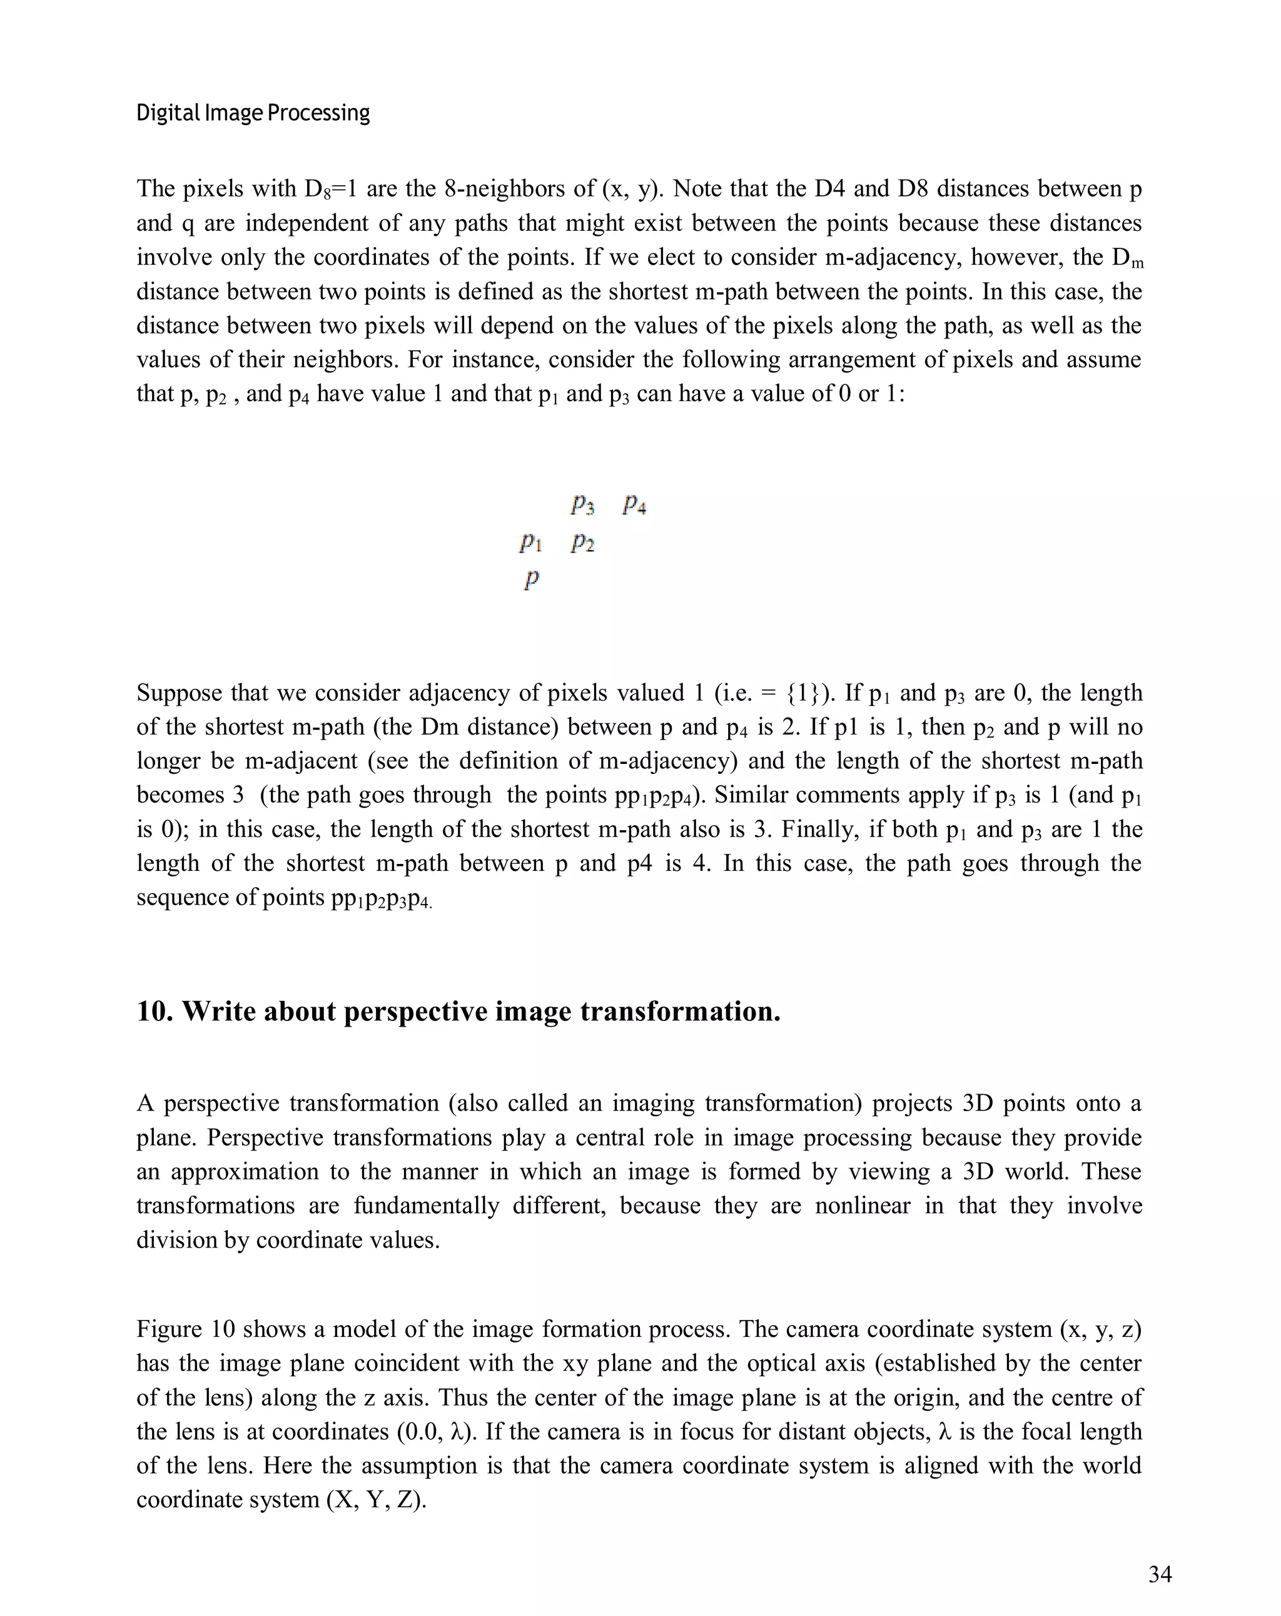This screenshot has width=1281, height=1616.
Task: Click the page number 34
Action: pyautogui.click(x=1159, y=1575)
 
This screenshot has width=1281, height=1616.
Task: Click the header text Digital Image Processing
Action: pyautogui.click(x=253, y=113)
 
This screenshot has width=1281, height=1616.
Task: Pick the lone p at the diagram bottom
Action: pyautogui.click(x=530, y=579)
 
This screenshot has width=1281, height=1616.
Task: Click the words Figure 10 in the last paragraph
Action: pyautogui.click(x=186, y=1329)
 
